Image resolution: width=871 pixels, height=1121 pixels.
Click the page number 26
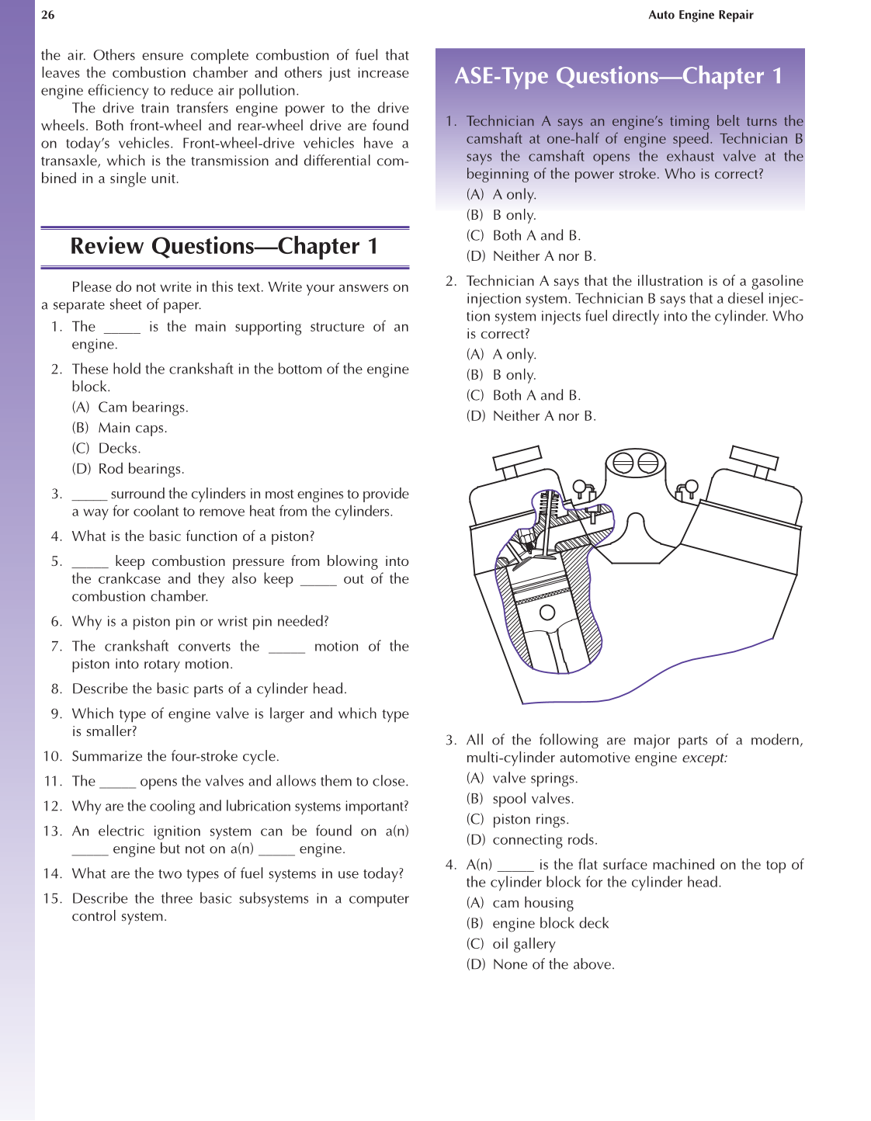pyautogui.click(x=48, y=15)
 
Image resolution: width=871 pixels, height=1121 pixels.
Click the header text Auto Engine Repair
pyautogui.click(x=700, y=15)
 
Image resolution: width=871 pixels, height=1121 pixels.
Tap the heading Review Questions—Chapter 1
pyautogui.click(x=224, y=246)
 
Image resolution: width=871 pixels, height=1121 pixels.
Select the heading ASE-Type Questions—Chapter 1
pyautogui.click(x=618, y=76)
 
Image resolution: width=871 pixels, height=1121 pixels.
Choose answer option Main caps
pyautogui.click(x=132, y=428)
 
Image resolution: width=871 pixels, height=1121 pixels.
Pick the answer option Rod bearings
pyautogui.click(x=141, y=469)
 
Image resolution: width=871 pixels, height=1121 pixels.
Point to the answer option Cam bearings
pyautogui.click(x=143, y=408)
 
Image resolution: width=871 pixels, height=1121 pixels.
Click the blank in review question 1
pyautogui.click(x=122, y=328)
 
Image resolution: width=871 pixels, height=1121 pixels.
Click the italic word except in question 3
pyautogui.click(x=704, y=758)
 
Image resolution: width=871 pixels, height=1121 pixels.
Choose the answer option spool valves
pyautogui.click(x=533, y=799)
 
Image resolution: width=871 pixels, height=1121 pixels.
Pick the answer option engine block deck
pyautogui.click(x=550, y=923)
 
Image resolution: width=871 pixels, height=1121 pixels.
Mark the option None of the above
pyautogui.click(x=553, y=964)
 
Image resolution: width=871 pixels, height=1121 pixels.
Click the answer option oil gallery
pyautogui.click(x=524, y=944)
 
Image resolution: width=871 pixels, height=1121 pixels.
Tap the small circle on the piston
pyautogui.click(x=547, y=613)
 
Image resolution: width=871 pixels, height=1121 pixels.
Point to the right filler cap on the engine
pyautogui.click(x=755, y=459)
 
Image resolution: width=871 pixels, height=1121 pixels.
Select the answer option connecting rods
pyautogui.click(x=545, y=840)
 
